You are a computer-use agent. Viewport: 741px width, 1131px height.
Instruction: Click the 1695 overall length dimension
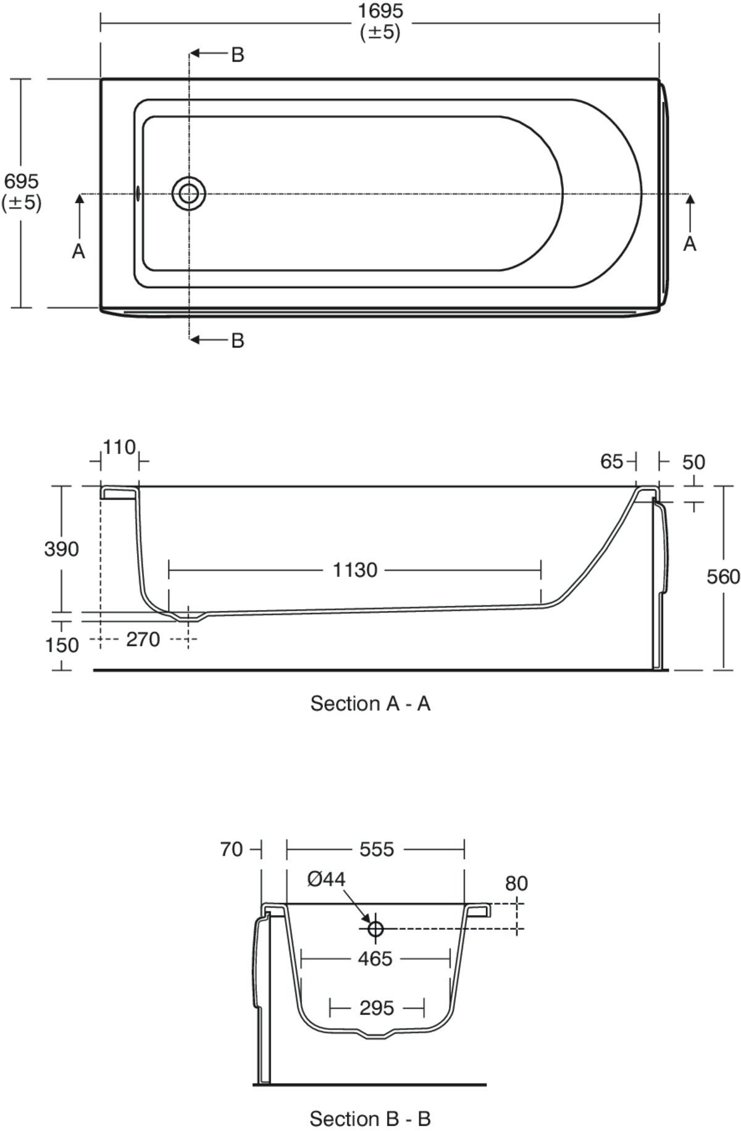[380, 11]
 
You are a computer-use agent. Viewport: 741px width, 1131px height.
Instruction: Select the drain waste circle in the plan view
[189, 194]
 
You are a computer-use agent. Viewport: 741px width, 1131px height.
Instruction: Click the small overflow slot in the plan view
[138, 194]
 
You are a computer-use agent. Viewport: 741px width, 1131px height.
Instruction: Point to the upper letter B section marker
[238, 55]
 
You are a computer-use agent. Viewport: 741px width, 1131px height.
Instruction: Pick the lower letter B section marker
[238, 340]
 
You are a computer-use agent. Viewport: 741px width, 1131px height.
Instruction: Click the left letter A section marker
[78, 251]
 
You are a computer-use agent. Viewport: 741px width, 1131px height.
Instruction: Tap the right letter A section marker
[690, 244]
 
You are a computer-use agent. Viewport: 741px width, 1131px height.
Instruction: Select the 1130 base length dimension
[355, 570]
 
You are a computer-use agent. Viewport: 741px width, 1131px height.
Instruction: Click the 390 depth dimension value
[62, 549]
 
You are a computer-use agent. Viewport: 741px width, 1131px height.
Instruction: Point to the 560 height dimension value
[723, 576]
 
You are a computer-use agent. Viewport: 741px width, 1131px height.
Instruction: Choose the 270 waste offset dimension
[143, 639]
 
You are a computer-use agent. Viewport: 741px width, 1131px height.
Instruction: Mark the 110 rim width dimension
[119, 447]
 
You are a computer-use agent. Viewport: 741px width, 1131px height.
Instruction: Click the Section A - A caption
[370, 703]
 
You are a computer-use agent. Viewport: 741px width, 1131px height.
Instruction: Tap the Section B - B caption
[370, 1118]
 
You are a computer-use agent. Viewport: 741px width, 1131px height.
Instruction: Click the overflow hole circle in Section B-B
[375, 929]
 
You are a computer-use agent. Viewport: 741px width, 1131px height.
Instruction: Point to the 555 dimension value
[377, 850]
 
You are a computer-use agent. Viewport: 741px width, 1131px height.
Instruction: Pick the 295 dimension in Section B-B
[376, 1008]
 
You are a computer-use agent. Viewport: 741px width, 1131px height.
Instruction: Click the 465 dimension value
[375, 958]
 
